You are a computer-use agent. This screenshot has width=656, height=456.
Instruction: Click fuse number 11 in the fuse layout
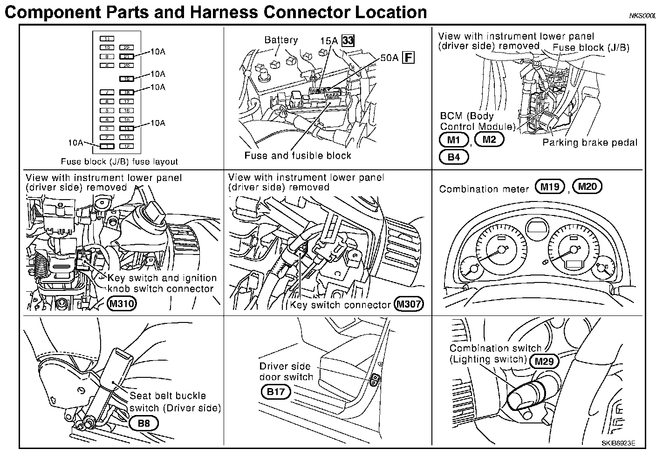pyautogui.click(x=107, y=39)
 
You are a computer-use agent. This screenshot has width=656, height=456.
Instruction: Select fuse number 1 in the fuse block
pyautogui.click(x=107, y=146)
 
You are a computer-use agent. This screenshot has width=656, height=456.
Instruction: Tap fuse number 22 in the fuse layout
pyautogui.click(x=126, y=47)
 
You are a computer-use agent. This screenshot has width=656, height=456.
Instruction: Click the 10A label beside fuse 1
pyautogui.click(x=75, y=142)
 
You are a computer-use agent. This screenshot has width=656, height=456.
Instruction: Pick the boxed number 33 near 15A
pyautogui.click(x=348, y=40)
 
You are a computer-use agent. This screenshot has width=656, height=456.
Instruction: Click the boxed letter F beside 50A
pyautogui.click(x=408, y=58)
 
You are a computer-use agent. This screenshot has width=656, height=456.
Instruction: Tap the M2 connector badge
pyautogui.click(x=489, y=139)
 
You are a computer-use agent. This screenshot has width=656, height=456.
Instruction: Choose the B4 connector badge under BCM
pyautogui.click(x=454, y=157)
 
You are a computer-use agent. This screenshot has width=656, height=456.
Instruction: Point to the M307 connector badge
pyautogui.click(x=408, y=304)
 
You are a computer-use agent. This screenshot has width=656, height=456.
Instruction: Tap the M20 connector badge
pyautogui.click(x=587, y=187)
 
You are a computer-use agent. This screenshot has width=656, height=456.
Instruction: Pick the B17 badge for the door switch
pyautogui.click(x=275, y=392)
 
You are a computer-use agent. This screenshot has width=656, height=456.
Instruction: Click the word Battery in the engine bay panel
pyautogui.click(x=280, y=40)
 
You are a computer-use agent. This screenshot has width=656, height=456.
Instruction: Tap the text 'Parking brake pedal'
pyautogui.click(x=589, y=142)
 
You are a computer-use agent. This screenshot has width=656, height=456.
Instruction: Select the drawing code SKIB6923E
pyautogui.click(x=618, y=443)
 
